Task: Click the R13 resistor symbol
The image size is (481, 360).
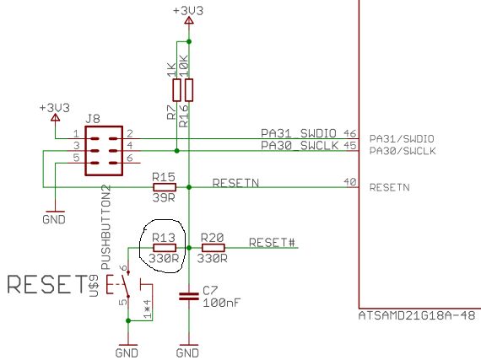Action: click(x=163, y=248)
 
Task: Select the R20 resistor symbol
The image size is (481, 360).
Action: click(x=213, y=248)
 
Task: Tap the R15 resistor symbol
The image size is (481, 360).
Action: click(x=163, y=186)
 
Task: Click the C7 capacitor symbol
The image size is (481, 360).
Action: click(x=188, y=297)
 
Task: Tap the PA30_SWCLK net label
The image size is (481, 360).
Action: click(x=299, y=146)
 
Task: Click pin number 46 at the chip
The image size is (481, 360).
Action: click(x=350, y=134)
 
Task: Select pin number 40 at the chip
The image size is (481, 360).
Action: click(x=350, y=181)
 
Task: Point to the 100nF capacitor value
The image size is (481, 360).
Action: click(x=221, y=302)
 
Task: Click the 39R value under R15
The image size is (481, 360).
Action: click(x=163, y=199)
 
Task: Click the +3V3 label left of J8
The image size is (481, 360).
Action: click(x=55, y=109)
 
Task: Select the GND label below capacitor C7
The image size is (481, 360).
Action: click(x=188, y=352)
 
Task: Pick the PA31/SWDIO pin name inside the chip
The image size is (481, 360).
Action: click(x=401, y=137)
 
